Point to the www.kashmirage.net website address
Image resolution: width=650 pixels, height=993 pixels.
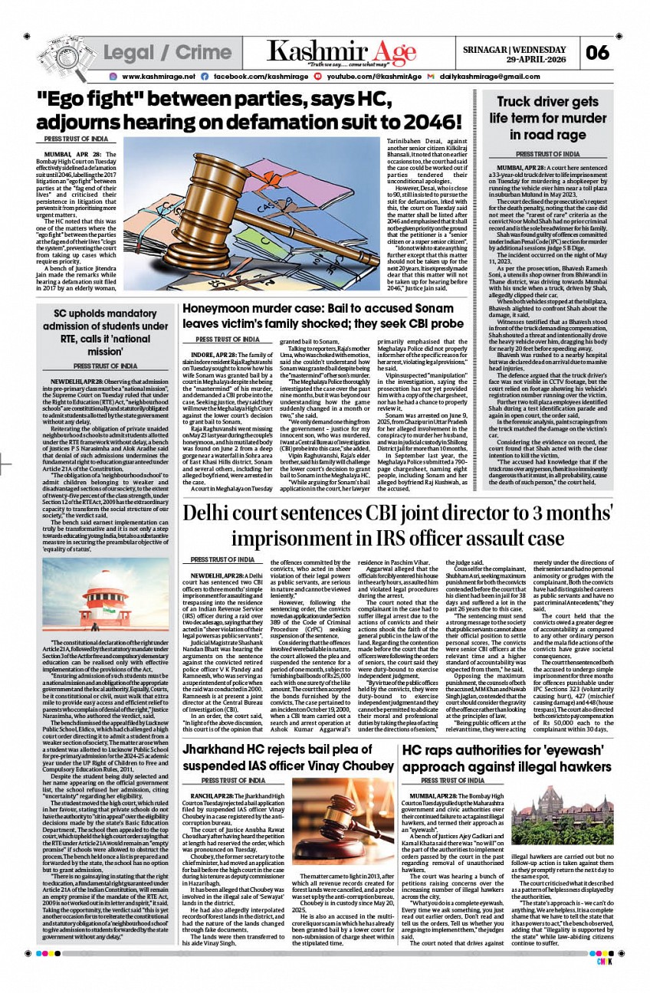(159, 77)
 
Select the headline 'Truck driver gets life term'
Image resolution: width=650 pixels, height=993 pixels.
(547, 118)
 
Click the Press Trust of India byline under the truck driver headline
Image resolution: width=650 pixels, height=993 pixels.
(547, 154)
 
